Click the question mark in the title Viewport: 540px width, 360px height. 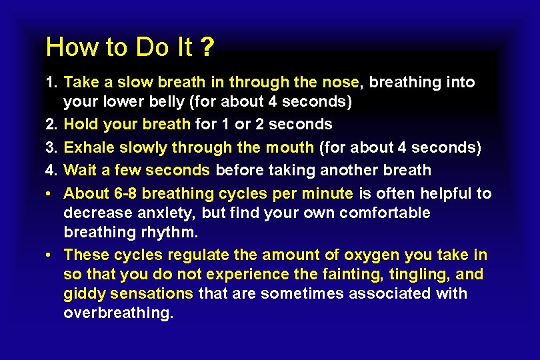[x=209, y=47]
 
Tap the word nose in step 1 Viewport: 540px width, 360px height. [x=341, y=83]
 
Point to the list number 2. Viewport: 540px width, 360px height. [x=51, y=124]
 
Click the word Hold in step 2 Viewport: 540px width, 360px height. [x=81, y=124]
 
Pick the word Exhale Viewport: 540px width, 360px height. [x=87, y=147]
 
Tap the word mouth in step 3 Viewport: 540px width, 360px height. [x=292, y=147]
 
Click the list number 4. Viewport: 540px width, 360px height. [x=51, y=170]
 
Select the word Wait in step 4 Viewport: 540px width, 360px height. [x=80, y=170]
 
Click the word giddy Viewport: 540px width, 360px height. [x=83, y=294]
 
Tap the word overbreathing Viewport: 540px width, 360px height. [x=118, y=313]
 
